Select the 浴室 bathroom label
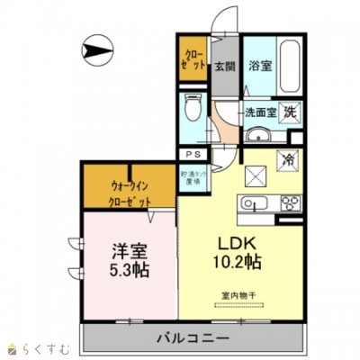tap(261, 65)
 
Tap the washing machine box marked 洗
tap(289, 112)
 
